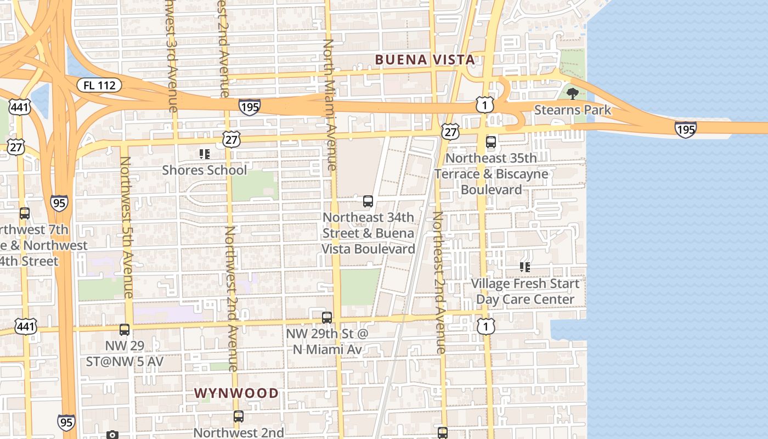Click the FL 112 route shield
[x=99, y=85]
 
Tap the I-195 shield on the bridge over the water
[x=685, y=130]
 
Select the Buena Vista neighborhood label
[x=425, y=60]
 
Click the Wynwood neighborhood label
[x=236, y=393]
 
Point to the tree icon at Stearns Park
[x=573, y=94]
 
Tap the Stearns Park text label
[x=573, y=110]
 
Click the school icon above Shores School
[x=205, y=154]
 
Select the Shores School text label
[x=205, y=170]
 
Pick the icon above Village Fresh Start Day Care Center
[x=525, y=267]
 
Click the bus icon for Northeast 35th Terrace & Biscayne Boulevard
[x=491, y=142]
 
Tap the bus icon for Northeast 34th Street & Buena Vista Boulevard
[x=368, y=201]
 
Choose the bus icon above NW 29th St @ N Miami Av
[x=327, y=317]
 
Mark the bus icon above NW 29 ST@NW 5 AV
[x=125, y=329]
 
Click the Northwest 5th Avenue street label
[x=127, y=227]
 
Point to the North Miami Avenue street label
[x=330, y=104]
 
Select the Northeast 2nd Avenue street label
[x=439, y=283]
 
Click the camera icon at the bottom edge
[x=112, y=435]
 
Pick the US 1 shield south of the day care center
[x=485, y=327]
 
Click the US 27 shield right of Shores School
[x=231, y=139]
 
